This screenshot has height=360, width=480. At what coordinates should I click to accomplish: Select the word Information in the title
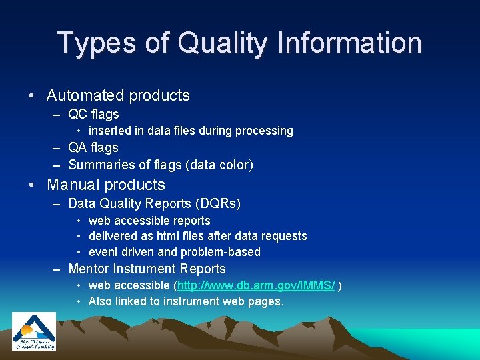pos(346,43)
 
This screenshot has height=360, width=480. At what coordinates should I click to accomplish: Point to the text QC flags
pos(93,114)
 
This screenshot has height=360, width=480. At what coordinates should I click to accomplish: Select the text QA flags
pos(93,147)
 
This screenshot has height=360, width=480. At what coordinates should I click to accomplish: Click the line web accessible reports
pos(149,221)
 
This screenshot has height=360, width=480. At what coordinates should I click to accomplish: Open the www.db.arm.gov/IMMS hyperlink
pos(257,285)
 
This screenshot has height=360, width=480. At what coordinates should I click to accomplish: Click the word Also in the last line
pos(100,301)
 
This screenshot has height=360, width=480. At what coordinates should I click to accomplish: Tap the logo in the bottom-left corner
pos(33,331)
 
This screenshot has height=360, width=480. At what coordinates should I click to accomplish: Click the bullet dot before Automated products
pos(33,96)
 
